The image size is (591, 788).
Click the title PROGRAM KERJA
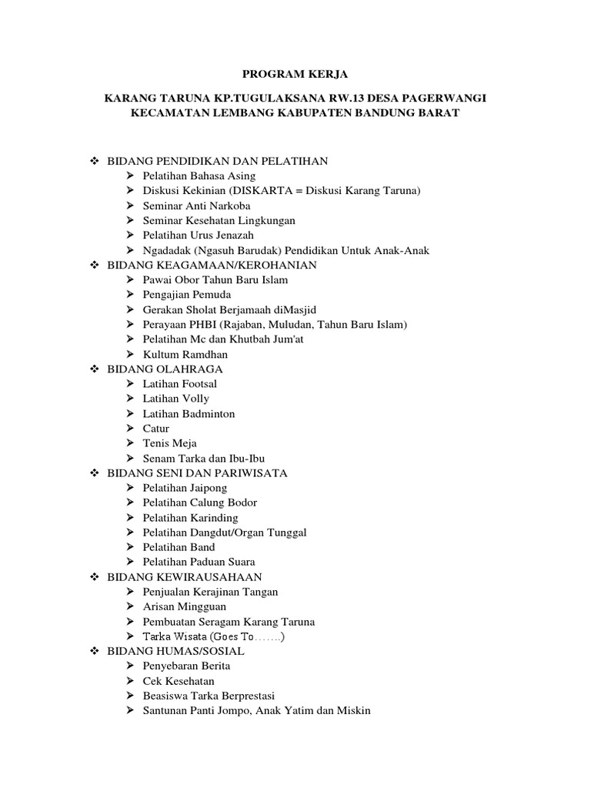click(x=295, y=74)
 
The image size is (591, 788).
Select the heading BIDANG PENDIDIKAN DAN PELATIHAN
click(x=218, y=161)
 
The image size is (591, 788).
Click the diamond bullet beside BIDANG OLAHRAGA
click(x=95, y=369)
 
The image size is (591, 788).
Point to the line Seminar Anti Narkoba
click(x=196, y=205)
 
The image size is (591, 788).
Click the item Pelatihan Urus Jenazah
click(x=198, y=235)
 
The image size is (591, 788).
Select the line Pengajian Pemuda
click(x=186, y=295)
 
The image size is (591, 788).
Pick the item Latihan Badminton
click(x=189, y=413)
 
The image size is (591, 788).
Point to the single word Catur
click(x=156, y=429)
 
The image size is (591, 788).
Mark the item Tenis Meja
click(x=169, y=443)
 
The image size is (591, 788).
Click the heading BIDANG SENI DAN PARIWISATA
click(x=198, y=472)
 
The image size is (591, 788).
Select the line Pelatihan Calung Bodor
click(x=199, y=503)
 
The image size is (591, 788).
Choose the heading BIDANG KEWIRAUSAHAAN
click(x=185, y=576)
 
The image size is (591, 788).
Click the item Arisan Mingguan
click(x=184, y=606)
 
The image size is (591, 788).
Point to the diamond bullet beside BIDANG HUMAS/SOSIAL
click(x=95, y=651)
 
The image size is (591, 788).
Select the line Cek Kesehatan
click(x=179, y=681)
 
